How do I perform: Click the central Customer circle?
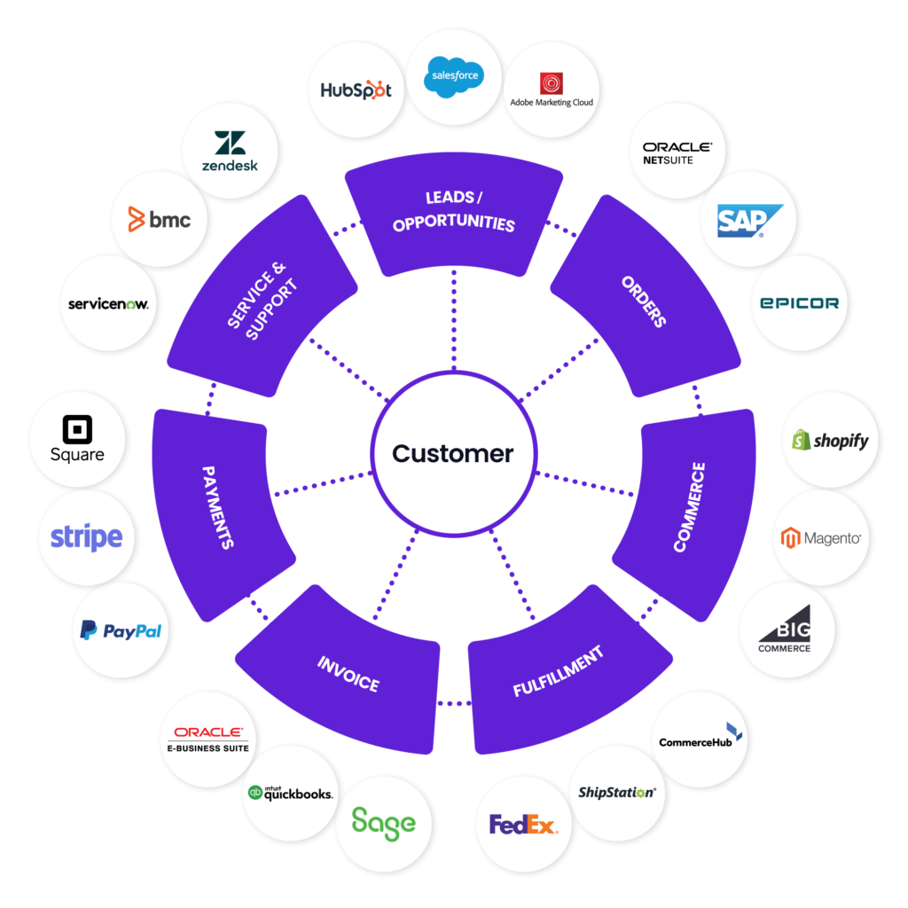[453, 453]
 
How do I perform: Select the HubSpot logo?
[356, 90]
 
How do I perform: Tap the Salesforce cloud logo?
[454, 76]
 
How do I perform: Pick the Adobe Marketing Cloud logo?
[552, 89]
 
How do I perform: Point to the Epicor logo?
[799, 302]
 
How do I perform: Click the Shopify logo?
[831, 440]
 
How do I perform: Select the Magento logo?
[821, 537]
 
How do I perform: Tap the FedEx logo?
[524, 826]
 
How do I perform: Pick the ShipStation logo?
[616, 792]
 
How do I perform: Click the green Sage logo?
[383, 823]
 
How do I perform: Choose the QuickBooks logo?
[291, 794]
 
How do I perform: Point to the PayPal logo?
[121, 630]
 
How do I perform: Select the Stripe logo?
[86, 537]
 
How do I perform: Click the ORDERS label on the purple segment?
[645, 301]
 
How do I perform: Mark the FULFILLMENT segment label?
[559, 671]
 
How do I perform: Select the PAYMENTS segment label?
[218, 507]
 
